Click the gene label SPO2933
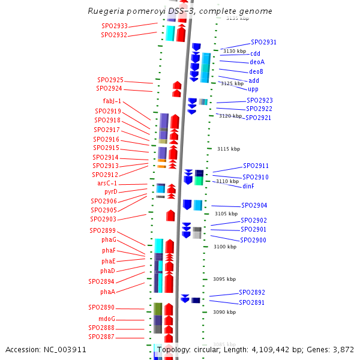(x=114, y=26)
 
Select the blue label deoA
(x=257, y=62)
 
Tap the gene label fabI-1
(x=112, y=101)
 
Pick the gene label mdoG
(x=107, y=319)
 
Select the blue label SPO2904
(x=254, y=205)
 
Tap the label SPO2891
(x=251, y=302)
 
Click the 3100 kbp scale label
(x=225, y=247)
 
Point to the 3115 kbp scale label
(x=228, y=149)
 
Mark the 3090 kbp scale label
(x=224, y=312)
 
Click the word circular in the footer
(x=216, y=349)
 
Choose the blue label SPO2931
(x=263, y=42)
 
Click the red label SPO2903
(x=103, y=219)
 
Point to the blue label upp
(x=253, y=89)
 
